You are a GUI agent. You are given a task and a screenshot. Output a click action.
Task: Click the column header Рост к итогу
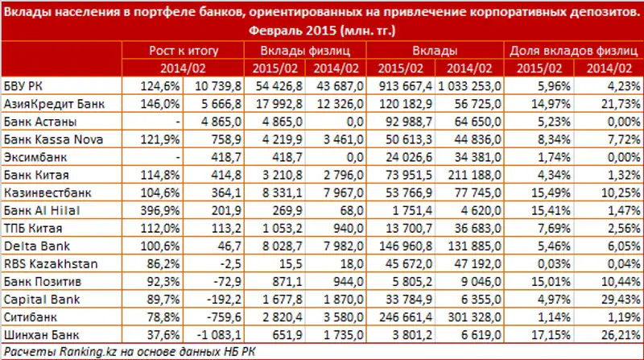click(184, 52)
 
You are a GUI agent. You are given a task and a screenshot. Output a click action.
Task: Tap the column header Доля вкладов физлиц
click(574, 52)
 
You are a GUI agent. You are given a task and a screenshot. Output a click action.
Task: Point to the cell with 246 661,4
click(407, 316)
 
